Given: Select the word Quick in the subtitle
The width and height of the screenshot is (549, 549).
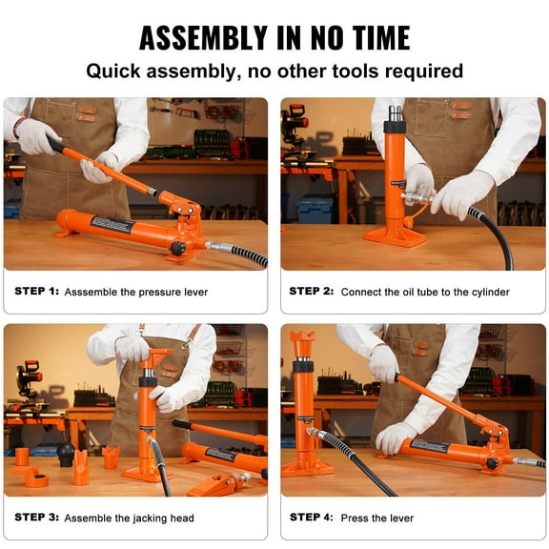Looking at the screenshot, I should [116, 71].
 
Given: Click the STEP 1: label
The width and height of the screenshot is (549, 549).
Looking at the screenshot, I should [36, 292].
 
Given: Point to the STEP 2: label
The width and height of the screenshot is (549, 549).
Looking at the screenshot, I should [312, 292].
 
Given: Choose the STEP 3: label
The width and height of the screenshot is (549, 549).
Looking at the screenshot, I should [36, 518].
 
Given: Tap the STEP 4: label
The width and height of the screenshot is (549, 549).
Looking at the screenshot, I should [312, 518].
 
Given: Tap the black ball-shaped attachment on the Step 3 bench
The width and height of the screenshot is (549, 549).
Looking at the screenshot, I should [66, 454].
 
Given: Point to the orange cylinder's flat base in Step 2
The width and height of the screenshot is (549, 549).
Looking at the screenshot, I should [394, 235].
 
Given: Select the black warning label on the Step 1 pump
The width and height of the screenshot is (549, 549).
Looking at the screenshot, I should [112, 224].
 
